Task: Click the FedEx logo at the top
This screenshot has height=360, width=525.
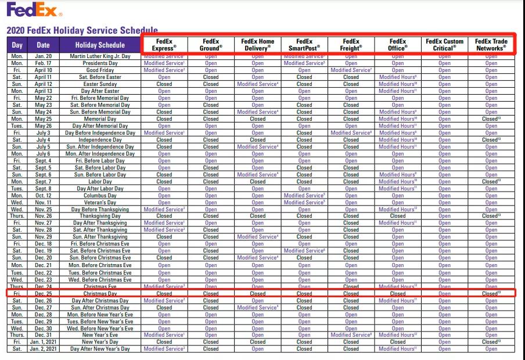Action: pos(31,10)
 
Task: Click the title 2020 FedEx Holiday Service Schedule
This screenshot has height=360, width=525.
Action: pos(81,30)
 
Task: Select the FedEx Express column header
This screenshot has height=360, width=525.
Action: pos(164,45)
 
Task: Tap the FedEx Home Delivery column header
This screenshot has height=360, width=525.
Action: pos(258,45)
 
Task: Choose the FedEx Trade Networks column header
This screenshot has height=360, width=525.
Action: pos(491,45)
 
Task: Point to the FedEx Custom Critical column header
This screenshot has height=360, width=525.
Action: pos(445,45)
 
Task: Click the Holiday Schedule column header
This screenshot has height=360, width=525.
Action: pos(100,45)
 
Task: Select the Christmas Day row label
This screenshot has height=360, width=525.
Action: pos(100,294)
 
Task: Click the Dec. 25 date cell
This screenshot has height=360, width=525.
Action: pos(43,294)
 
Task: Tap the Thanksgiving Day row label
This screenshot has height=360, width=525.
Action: pos(100,216)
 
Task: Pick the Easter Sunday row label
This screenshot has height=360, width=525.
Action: pos(100,84)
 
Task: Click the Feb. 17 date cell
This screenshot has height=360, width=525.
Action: pos(43,63)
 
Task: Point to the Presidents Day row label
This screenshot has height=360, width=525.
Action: pos(100,63)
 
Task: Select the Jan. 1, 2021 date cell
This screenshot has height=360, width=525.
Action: pos(43,342)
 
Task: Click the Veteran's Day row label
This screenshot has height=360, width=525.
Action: pos(100,202)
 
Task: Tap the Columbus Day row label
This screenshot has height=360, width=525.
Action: pos(100,195)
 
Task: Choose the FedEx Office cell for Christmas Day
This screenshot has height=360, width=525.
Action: pos(398,294)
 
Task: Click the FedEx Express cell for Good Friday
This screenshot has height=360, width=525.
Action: pos(164,70)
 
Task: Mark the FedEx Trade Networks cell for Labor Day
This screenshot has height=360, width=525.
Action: pos(491,181)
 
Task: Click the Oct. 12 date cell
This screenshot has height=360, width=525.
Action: pos(43,195)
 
